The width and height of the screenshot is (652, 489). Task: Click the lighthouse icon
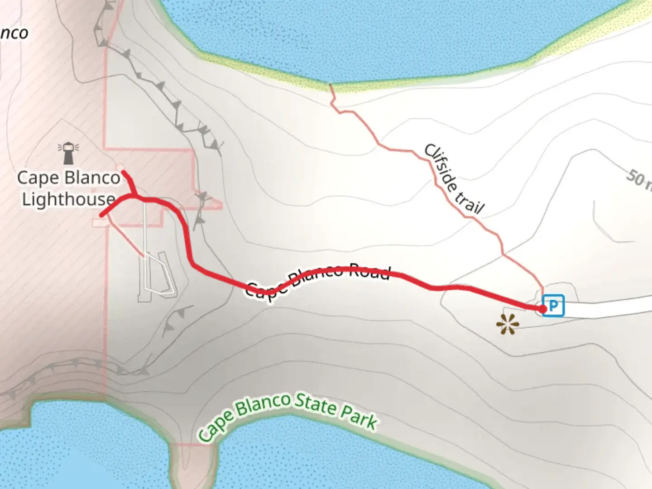[68, 153]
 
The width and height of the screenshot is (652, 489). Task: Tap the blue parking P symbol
[553, 306]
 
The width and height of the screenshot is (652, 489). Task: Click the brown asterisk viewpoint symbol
[506, 325]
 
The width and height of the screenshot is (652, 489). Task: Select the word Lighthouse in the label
[69, 199]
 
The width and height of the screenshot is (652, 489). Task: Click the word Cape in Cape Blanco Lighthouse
[38, 177]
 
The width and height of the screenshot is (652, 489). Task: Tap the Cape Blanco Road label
[317, 279]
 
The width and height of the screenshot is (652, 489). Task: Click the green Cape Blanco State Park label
[288, 414]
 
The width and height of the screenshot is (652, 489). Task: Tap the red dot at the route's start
[542, 309]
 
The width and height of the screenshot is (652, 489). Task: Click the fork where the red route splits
[134, 197]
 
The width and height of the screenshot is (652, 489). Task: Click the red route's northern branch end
[124, 173]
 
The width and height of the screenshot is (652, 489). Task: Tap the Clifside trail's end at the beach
[331, 85]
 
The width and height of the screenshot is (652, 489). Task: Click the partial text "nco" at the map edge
[14, 33]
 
